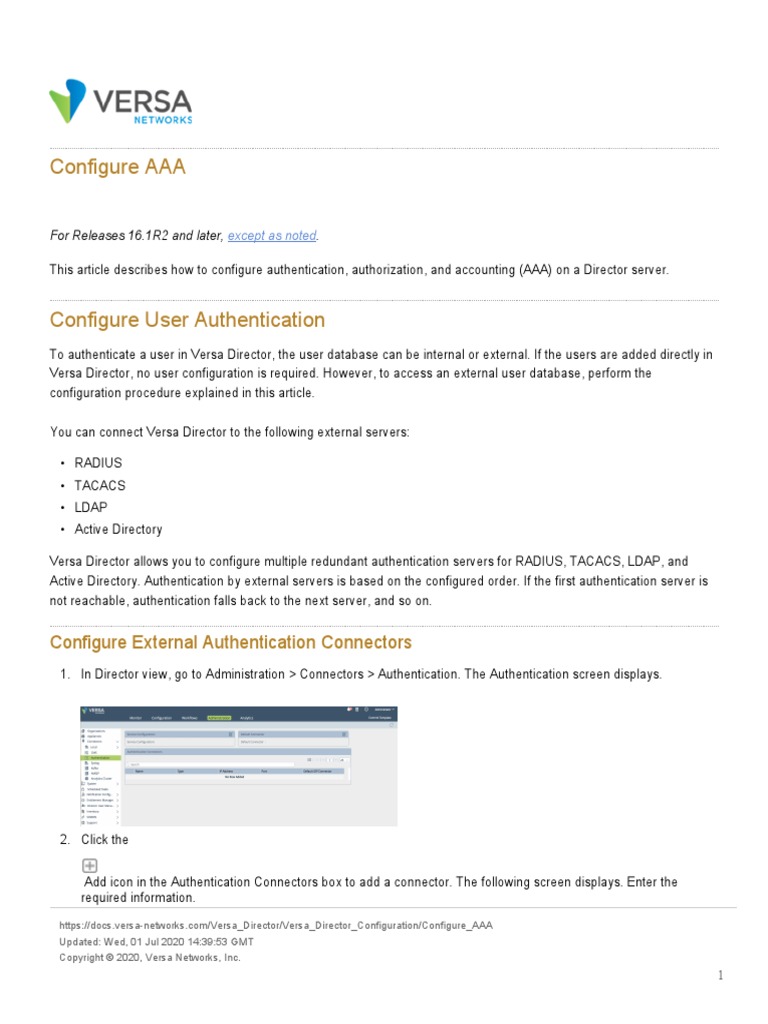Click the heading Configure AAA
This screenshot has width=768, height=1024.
(x=117, y=167)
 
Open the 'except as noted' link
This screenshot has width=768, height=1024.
(x=272, y=236)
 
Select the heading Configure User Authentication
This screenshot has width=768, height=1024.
(x=187, y=320)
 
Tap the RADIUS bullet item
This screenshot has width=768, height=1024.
(x=98, y=464)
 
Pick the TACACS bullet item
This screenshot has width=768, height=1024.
(x=100, y=486)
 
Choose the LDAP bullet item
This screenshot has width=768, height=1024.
(x=91, y=508)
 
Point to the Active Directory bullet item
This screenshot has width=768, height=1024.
(x=118, y=530)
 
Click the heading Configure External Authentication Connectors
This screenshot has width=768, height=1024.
(x=230, y=642)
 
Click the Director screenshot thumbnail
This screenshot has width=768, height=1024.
(x=238, y=765)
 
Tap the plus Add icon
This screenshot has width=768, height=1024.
(x=90, y=866)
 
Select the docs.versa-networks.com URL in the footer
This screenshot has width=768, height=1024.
(x=276, y=926)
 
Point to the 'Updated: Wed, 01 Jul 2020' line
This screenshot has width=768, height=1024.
(x=157, y=942)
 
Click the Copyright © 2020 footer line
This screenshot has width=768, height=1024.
(x=150, y=958)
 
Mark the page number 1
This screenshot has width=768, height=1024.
(x=720, y=976)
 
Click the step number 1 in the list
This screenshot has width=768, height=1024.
(x=65, y=675)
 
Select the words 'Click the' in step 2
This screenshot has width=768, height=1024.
(x=105, y=840)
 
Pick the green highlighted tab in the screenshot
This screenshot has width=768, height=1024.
(x=218, y=718)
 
